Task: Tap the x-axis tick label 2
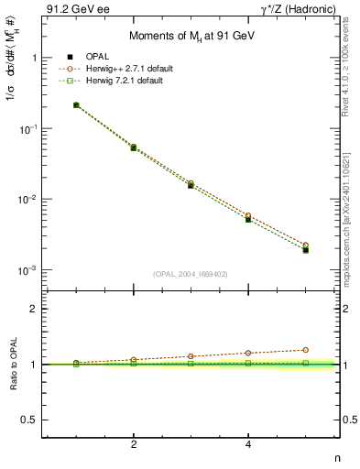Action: tap(134, 444)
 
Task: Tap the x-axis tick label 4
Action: tap(248, 444)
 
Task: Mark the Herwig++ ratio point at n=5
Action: tap(305, 350)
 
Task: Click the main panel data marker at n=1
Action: tap(76, 105)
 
